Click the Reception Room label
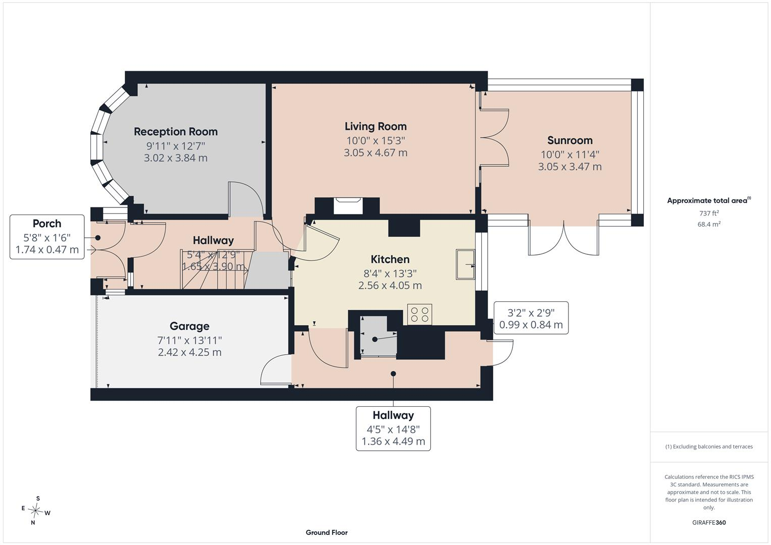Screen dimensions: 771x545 point(176,131)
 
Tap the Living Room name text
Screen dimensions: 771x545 point(376,126)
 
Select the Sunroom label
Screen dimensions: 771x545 point(570,140)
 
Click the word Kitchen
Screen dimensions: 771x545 point(390,259)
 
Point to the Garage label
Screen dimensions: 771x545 point(190,326)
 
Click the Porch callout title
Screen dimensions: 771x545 point(47,223)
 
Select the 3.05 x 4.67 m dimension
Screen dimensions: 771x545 point(376,152)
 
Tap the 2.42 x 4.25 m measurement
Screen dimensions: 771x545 point(190,352)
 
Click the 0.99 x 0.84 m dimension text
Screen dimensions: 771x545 point(531,324)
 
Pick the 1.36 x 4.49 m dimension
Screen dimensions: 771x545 point(393,441)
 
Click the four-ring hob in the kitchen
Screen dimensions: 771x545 point(420,314)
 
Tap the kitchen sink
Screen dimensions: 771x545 point(466,264)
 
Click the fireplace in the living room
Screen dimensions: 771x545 point(348,206)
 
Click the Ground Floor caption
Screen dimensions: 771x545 point(327,532)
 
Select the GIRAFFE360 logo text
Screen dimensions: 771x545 point(709,523)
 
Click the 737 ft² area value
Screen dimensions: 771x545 point(709,213)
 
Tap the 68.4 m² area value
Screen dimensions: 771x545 point(709,224)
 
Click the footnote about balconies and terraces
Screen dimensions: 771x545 point(709,447)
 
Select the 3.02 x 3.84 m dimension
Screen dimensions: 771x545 point(176,158)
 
